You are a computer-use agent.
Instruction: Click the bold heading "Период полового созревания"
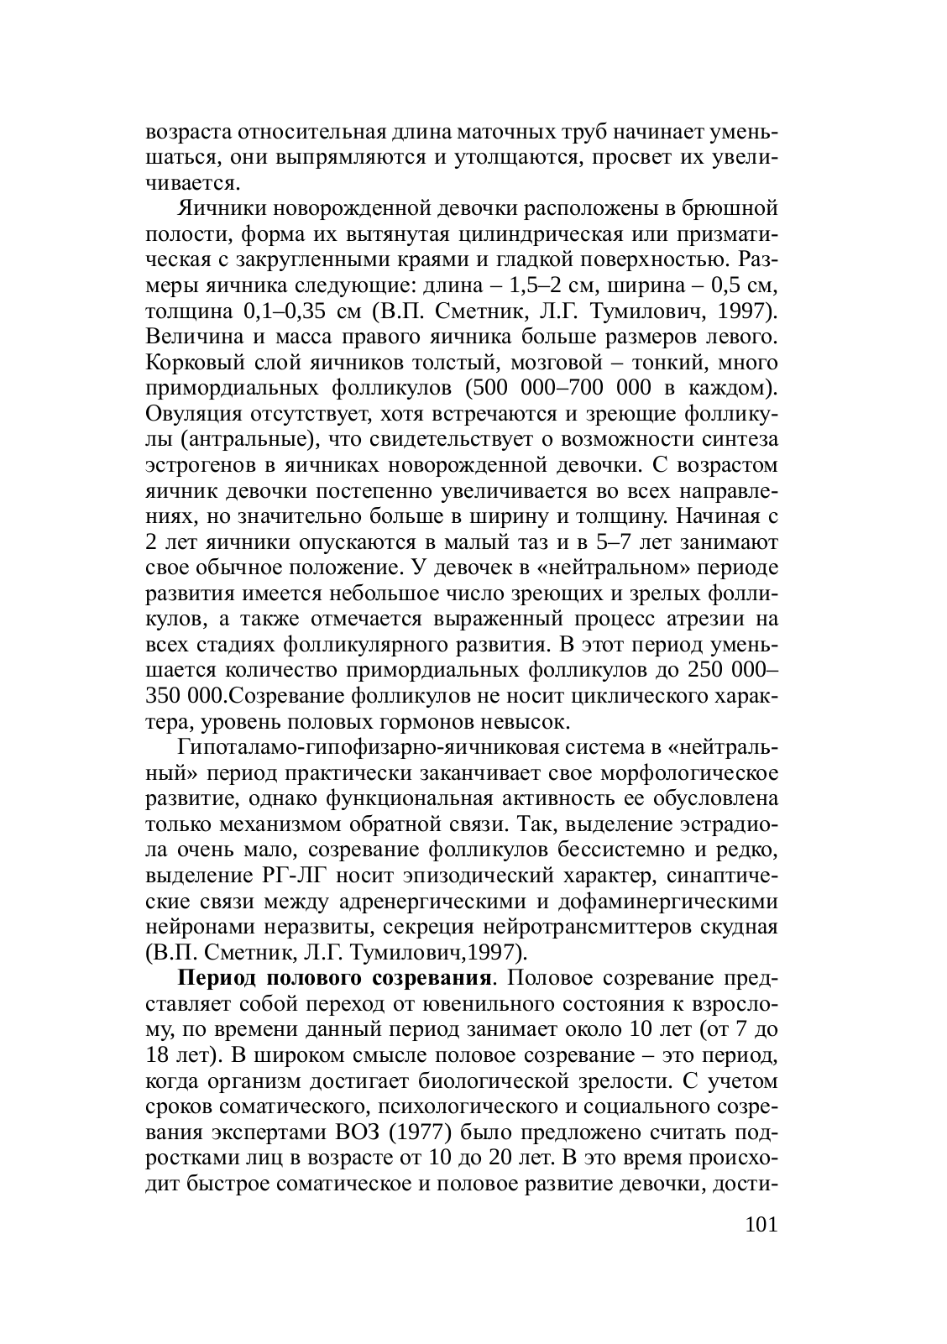pyautogui.click(x=334, y=978)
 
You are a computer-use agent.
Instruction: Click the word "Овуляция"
pyautogui.click(x=186, y=414)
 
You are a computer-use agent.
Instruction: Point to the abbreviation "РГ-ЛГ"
pyautogui.click(x=286, y=876)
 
